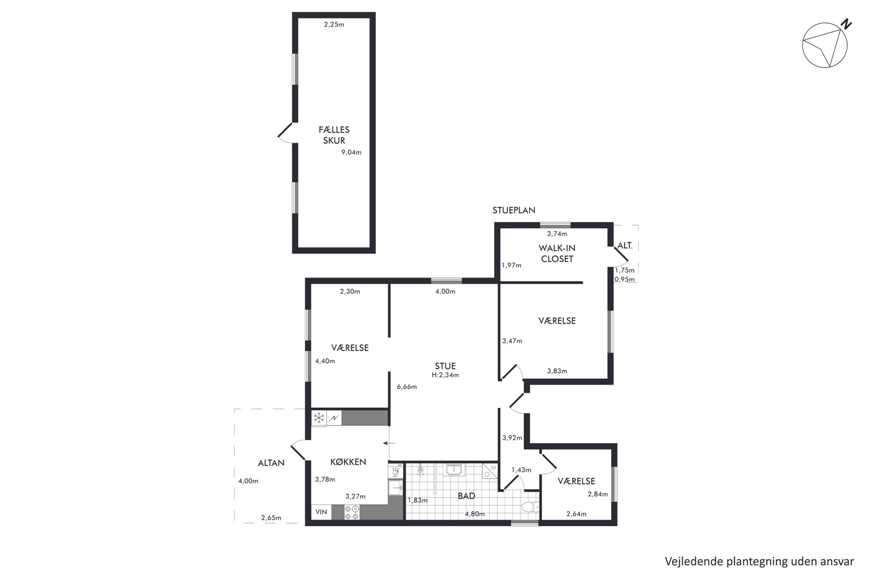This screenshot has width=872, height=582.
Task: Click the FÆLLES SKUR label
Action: coord(334,135)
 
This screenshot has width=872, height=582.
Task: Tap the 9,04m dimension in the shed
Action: coord(351,153)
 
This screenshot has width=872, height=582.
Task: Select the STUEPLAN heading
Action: coord(514,210)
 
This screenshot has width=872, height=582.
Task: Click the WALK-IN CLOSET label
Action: coord(557,254)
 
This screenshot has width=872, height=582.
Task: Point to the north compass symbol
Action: coord(825,44)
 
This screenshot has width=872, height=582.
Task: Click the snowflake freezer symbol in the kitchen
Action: coord(319,417)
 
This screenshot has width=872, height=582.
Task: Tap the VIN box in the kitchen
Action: coord(321,512)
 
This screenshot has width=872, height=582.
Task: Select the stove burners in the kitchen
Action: coord(352,512)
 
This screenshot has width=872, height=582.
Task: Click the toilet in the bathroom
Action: coord(530,507)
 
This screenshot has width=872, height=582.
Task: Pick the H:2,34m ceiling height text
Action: coord(445,375)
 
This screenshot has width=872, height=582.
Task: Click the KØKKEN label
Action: coord(348,462)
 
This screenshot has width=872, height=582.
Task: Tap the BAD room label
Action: coord(466,496)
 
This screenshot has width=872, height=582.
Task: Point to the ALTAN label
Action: coord(271,463)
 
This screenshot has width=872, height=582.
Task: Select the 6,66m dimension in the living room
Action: coord(407,387)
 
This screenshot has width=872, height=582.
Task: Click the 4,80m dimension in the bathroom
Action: coord(475,514)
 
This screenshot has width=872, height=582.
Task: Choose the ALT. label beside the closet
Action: coord(625,246)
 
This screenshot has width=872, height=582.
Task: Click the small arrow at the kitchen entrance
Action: coord(389,443)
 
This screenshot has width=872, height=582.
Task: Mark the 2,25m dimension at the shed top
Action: coord(334,25)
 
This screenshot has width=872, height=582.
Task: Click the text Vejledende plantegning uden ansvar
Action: coord(759,562)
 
